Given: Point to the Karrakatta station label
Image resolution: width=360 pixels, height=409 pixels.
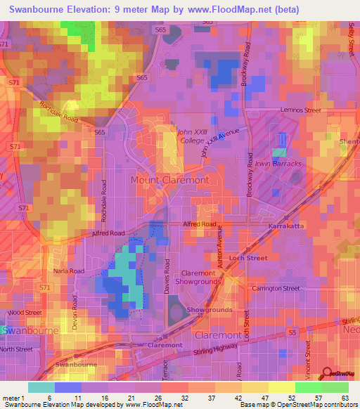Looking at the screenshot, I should pyautogui.click(x=285, y=226).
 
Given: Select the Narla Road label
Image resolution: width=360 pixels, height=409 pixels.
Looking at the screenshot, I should pyautogui.click(x=69, y=271).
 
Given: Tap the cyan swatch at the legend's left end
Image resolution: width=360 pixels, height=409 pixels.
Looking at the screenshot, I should pyautogui.click(x=41, y=387).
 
